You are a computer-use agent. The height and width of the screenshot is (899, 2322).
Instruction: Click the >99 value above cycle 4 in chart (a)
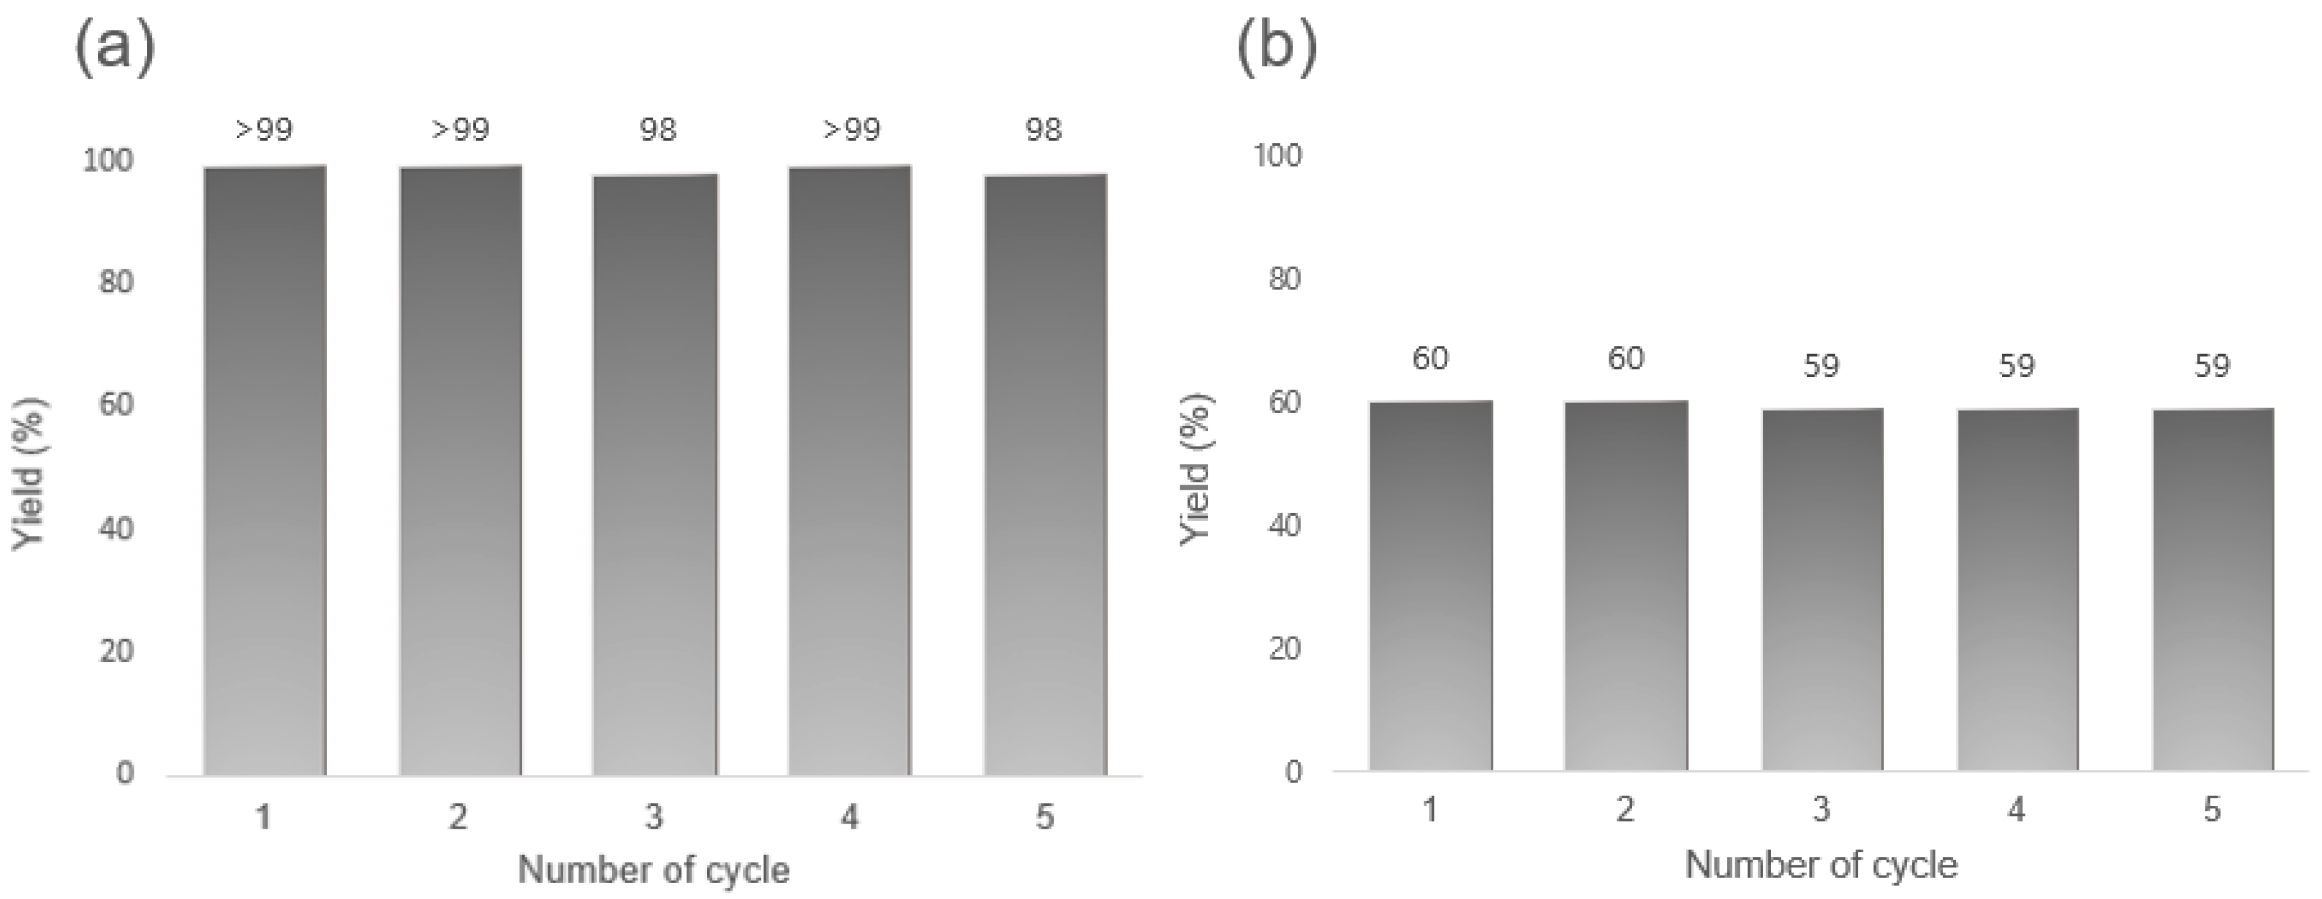(x=851, y=130)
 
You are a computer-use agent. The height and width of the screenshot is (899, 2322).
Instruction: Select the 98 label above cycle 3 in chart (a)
(x=657, y=130)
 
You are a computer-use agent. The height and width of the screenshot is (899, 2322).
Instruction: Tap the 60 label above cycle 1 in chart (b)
(x=1429, y=359)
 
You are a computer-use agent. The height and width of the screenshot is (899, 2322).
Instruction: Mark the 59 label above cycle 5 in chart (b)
(x=2211, y=366)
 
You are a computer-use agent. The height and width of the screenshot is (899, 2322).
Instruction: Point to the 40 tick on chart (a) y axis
(x=115, y=528)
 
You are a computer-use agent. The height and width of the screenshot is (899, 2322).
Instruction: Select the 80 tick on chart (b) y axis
(x=1284, y=279)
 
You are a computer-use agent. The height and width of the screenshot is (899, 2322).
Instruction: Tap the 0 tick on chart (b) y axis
(x=1294, y=772)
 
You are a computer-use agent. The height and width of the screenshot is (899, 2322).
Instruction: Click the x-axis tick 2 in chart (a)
(x=459, y=817)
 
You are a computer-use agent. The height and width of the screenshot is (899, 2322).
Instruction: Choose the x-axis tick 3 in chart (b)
(x=1821, y=810)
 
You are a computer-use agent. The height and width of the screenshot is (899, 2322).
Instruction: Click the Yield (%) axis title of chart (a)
(x=29, y=473)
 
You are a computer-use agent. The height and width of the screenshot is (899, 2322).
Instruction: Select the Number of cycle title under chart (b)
(x=1821, y=865)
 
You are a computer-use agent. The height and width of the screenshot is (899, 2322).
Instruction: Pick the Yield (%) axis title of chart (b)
(x=1196, y=469)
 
